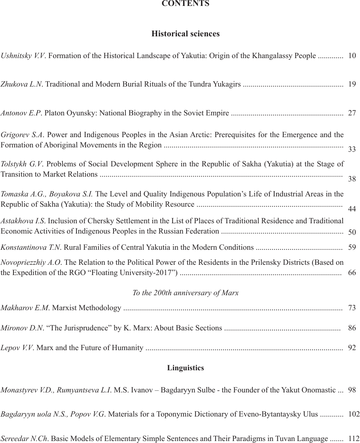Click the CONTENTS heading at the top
coord(186,4)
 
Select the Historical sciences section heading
coord(186,34)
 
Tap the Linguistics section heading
coord(186,368)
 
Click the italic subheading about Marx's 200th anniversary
coord(186,293)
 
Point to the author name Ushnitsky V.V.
coord(23,56)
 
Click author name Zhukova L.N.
coord(21,84)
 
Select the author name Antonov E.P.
coord(21,113)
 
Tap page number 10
coord(352,56)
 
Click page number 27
coord(352,113)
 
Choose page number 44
coord(352,209)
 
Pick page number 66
coord(352,273)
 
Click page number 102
coord(354,415)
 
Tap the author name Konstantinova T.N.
coord(31,248)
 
